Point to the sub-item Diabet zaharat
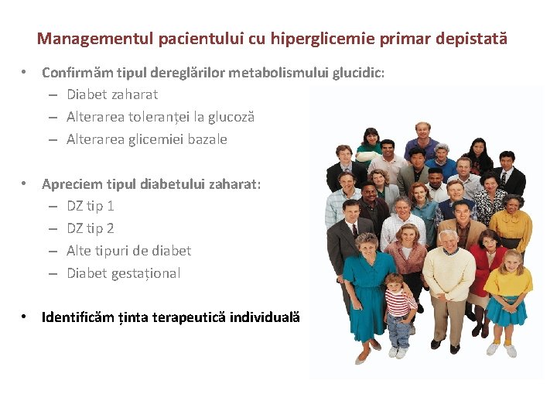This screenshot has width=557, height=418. coord(112,94)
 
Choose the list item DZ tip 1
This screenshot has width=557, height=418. coord(91,206)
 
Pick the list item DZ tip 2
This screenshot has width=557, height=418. coord(91,228)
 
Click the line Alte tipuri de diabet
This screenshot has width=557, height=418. coord(128,251)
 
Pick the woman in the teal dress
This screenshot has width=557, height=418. coord(368,286)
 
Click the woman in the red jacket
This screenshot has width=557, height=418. coord(486,267)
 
